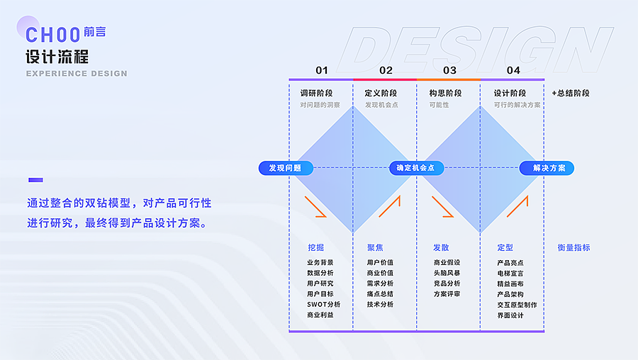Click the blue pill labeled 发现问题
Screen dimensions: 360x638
tap(285, 168)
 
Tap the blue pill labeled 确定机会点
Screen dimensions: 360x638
tap(416, 168)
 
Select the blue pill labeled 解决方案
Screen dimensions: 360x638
tap(547, 168)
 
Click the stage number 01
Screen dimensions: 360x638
tap(322, 70)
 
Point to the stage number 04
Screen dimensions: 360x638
tap(513, 70)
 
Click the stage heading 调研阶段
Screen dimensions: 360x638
tap(316, 93)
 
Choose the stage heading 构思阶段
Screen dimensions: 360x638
tap(445, 93)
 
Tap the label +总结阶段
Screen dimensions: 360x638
tap(571, 93)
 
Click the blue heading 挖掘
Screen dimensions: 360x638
tap(315, 247)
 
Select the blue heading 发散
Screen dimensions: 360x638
tap(441, 247)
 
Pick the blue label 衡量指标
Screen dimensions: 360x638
tap(573, 247)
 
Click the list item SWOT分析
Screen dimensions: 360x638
tap(323, 304)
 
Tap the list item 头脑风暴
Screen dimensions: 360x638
tap(447, 273)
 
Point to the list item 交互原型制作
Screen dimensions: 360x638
tap(517, 305)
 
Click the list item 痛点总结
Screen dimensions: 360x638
tap(380, 293)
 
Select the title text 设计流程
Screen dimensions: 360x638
tap(57, 56)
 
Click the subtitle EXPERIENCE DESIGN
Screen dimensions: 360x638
tap(77, 74)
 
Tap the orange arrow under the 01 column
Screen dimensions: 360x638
tap(315, 206)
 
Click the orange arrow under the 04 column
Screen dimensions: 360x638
tap(518, 206)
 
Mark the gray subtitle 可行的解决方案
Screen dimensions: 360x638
tap(517, 105)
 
